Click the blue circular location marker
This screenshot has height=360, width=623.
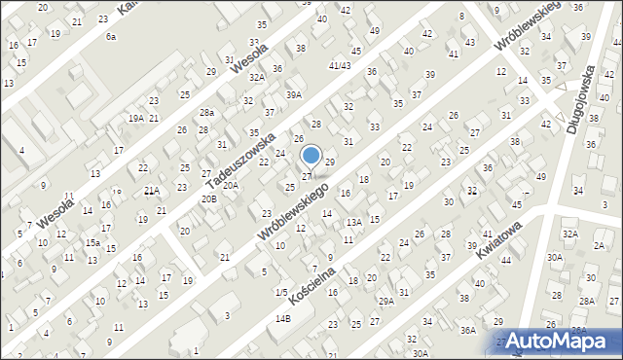point(311,155)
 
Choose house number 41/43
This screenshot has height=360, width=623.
point(340,65)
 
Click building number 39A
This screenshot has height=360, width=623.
point(294,94)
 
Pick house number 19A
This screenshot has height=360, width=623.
point(136,118)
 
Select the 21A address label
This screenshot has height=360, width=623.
point(151,191)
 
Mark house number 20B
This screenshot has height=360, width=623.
point(209,198)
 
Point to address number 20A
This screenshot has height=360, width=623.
point(231,184)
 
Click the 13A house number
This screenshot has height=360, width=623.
point(355,222)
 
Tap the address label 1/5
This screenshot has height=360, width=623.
point(280,292)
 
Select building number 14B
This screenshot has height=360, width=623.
point(282,318)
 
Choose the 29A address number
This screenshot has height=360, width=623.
point(386,302)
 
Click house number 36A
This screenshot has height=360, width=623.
point(467,331)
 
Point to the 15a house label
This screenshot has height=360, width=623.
point(92,242)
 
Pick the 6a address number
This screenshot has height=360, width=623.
point(111,36)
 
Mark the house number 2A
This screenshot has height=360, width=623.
point(598,245)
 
